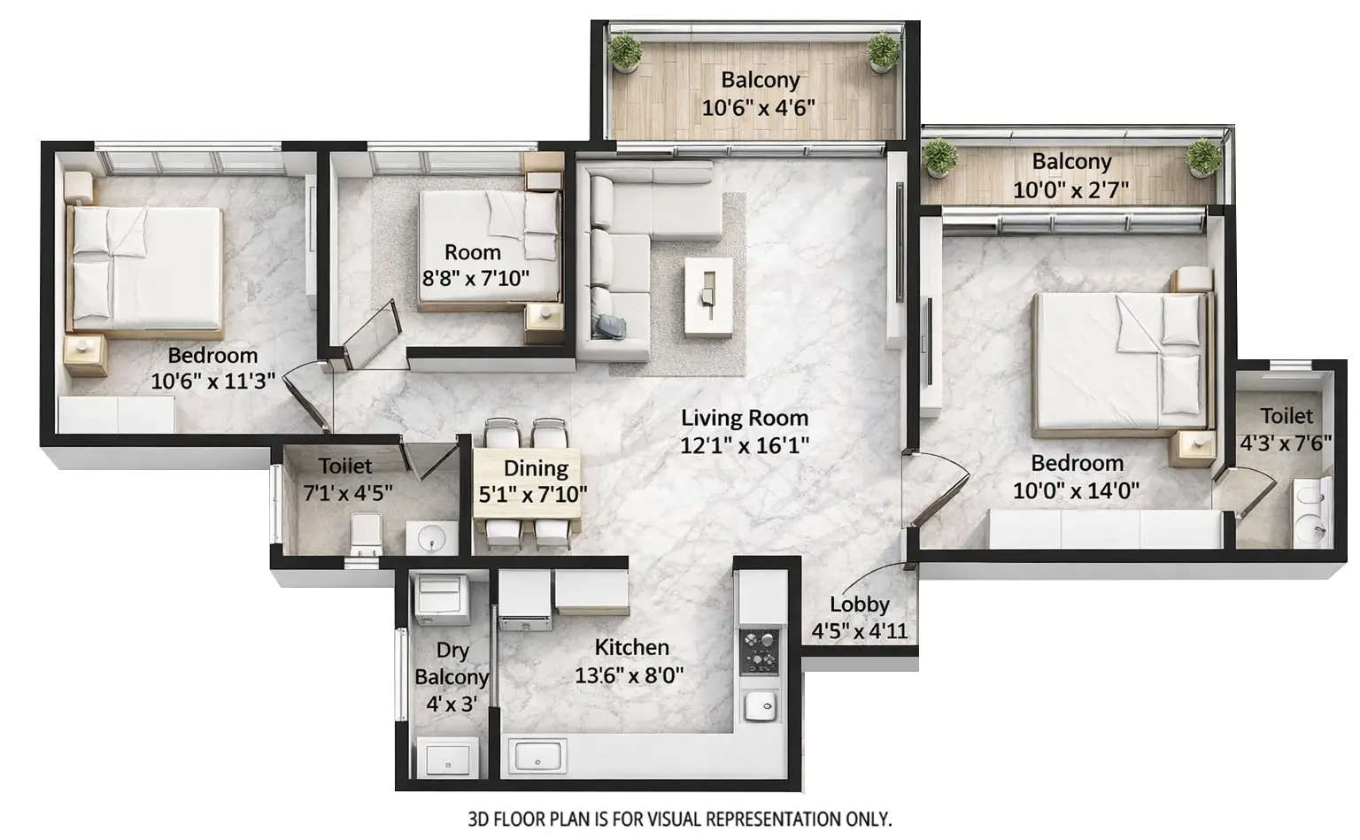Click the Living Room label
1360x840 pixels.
point(744,418)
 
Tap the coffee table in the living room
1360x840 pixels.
point(708,297)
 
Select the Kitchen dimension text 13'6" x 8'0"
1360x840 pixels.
point(629,676)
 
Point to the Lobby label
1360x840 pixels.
point(859,605)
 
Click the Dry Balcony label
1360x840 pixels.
point(452,663)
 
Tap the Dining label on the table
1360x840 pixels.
point(536,468)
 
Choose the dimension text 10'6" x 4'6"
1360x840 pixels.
point(759,108)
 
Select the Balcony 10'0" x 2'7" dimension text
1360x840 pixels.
point(1070,189)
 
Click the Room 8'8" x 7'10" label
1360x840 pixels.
point(473,252)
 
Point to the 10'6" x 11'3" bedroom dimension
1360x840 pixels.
point(212,381)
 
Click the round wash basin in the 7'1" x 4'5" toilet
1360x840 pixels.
point(431,536)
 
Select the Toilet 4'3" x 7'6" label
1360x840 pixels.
point(1287,416)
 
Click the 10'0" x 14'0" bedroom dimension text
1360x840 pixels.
point(1076,490)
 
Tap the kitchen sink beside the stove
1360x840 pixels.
point(760,705)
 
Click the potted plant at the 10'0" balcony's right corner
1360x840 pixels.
point(1203,157)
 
